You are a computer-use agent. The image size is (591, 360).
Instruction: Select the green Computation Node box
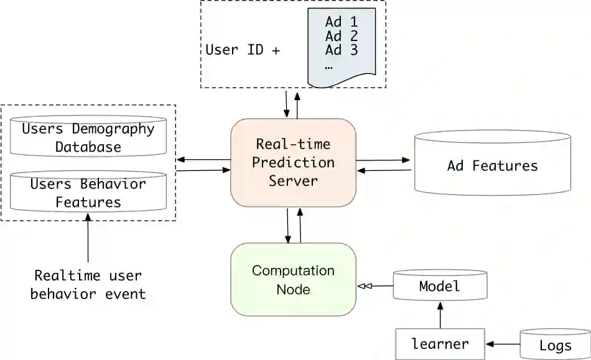click(293, 279)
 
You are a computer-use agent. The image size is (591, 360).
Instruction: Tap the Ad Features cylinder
click(492, 165)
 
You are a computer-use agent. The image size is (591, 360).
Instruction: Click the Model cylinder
click(440, 286)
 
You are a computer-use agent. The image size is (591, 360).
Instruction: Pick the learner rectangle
click(440, 344)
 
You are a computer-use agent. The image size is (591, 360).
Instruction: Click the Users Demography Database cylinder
click(88, 138)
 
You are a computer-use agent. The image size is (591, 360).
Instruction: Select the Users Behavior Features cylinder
click(88, 193)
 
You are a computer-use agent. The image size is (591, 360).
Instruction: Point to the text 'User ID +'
click(243, 50)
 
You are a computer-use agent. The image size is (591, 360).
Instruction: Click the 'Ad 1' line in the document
click(342, 22)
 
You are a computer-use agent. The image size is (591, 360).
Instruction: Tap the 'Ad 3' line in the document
click(342, 50)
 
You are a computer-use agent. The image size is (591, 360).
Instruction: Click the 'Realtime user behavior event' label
click(88, 285)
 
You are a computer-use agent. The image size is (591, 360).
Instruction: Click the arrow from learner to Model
click(440, 315)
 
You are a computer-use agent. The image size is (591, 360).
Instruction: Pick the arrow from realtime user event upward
click(88, 239)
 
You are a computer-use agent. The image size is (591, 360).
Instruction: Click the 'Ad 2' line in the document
click(342, 36)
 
